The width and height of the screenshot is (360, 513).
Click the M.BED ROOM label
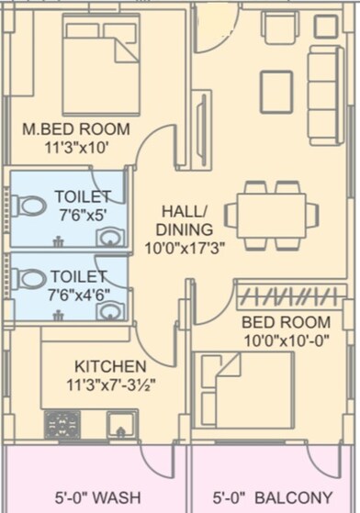(x=76, y=129)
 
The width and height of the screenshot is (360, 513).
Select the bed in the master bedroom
(x=101, y=64)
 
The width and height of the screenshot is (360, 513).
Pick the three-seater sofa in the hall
(x=324, y=95)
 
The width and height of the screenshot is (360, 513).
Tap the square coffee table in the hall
(x=276, y=92)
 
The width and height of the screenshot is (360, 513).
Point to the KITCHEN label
(x=109, y=364)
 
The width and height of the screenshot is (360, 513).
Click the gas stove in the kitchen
(x=63, y=424)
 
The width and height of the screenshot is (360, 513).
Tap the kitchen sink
(x=121, y=424)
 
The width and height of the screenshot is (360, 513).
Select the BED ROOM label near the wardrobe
(x=286, y=322)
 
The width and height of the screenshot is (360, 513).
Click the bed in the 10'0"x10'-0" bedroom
(x=248, y=390)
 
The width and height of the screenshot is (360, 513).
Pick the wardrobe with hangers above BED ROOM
(x=290, y=296)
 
